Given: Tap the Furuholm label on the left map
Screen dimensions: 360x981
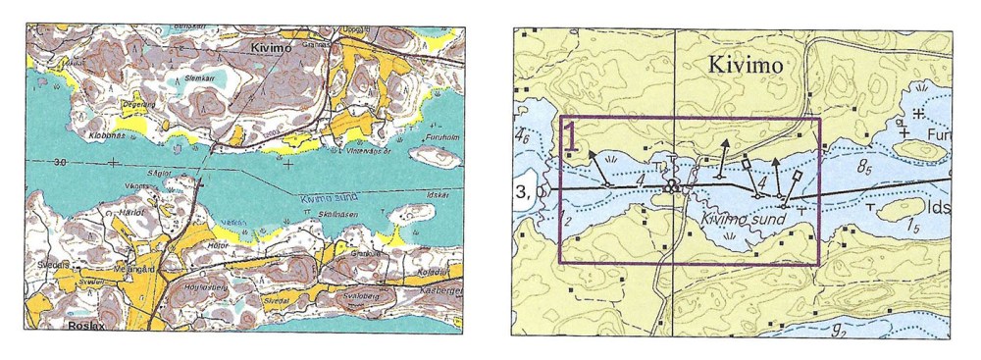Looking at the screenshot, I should (x=443, y=138).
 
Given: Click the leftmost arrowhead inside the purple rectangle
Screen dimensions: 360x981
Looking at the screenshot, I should (x=592, y=154).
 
